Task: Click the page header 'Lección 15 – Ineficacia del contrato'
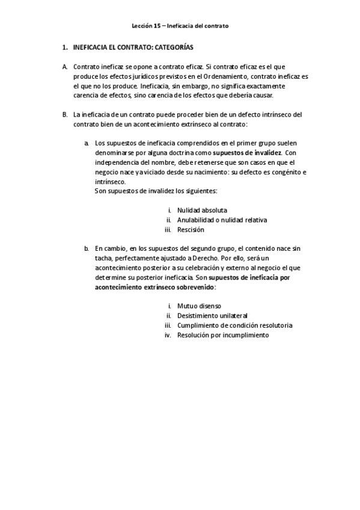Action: coord(180,26)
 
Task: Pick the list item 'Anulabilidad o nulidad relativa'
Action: coord(222,220)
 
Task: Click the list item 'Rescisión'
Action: coord(191,229)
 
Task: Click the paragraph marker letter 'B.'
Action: coord(65,115)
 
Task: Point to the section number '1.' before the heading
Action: coord(65,47)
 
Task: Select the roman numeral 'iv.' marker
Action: coord(168,334)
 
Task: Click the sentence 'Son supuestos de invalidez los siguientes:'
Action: coord(156,191)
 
